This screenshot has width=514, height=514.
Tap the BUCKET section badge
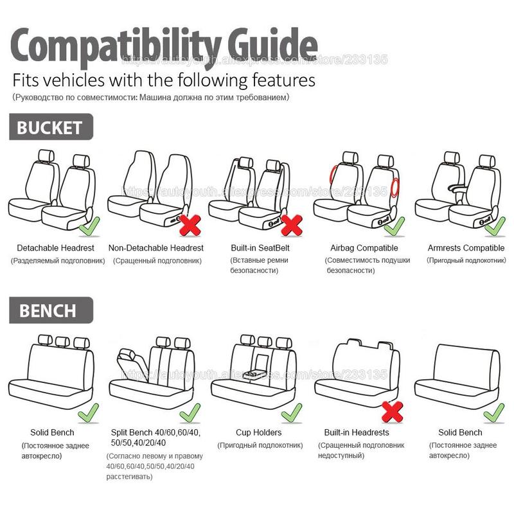point(50,127)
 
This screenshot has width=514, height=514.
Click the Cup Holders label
point(258,432)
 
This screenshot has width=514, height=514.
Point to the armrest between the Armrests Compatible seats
point(460,188)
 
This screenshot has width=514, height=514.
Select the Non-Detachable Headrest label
point(156,248)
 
